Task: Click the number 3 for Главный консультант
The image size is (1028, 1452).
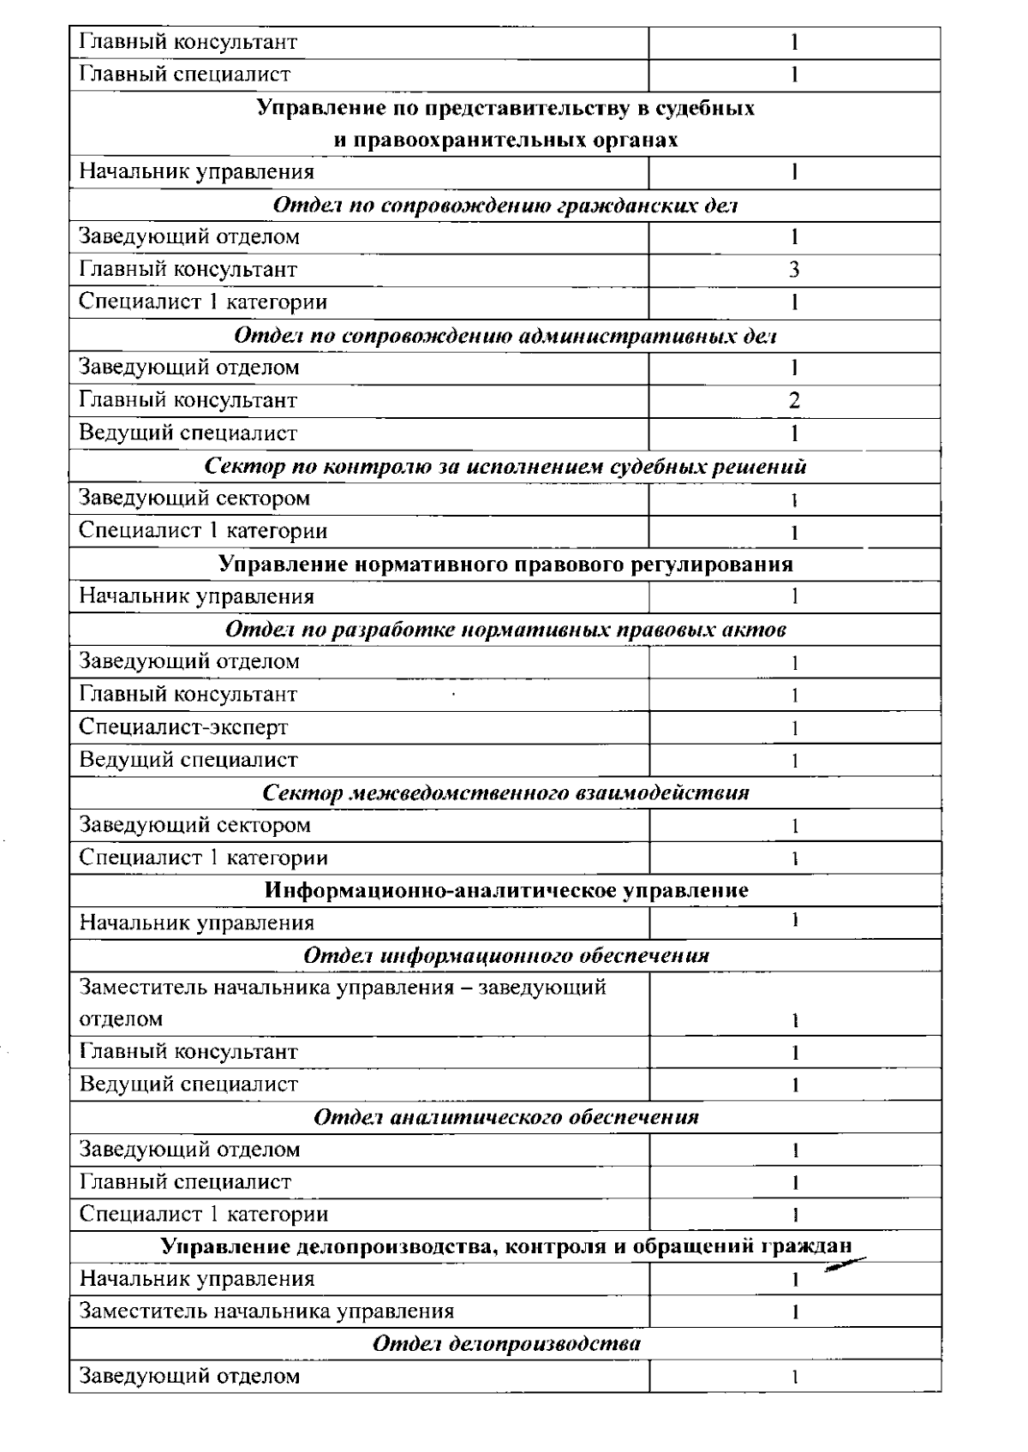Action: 794,270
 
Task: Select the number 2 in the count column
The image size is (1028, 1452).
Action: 794,400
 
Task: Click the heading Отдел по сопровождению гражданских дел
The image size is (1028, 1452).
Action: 505,206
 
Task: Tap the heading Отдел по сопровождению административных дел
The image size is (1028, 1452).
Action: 505,336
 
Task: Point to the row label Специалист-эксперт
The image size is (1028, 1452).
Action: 183,727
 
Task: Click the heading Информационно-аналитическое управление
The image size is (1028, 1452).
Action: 505,890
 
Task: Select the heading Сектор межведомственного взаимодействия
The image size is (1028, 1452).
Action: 505,792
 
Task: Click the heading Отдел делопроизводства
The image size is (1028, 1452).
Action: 505,1343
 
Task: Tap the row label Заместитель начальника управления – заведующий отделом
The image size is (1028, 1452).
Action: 343,1003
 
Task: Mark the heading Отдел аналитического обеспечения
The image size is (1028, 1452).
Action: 505,1117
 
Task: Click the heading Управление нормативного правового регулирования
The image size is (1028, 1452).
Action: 505,565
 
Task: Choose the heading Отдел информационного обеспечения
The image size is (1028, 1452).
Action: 505,955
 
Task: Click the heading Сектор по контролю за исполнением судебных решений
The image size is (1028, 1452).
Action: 505,467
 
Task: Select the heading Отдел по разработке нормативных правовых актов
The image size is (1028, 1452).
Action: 505,630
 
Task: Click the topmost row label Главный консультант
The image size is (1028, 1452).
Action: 188,41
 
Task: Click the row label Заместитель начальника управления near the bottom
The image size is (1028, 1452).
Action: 266,1311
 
